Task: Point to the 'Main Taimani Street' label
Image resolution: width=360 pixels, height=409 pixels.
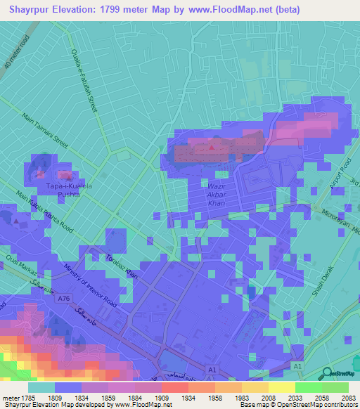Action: (45, 131)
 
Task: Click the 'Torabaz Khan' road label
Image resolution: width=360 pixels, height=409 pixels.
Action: (121, 266)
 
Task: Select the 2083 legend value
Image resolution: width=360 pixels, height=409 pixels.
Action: (340, 397)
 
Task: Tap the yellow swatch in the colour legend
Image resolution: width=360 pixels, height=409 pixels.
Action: (281, 387)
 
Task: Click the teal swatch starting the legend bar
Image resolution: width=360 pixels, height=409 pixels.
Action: (41, 387)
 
